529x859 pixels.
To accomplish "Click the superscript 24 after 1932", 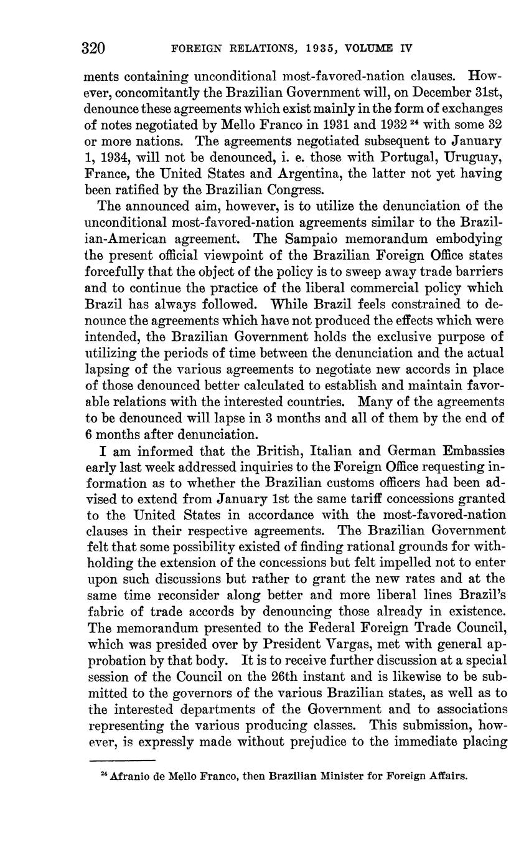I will tap(410, 121).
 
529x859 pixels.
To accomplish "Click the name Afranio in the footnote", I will tap(128, 776).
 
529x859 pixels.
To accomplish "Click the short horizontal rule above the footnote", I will tap(121, 761).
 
